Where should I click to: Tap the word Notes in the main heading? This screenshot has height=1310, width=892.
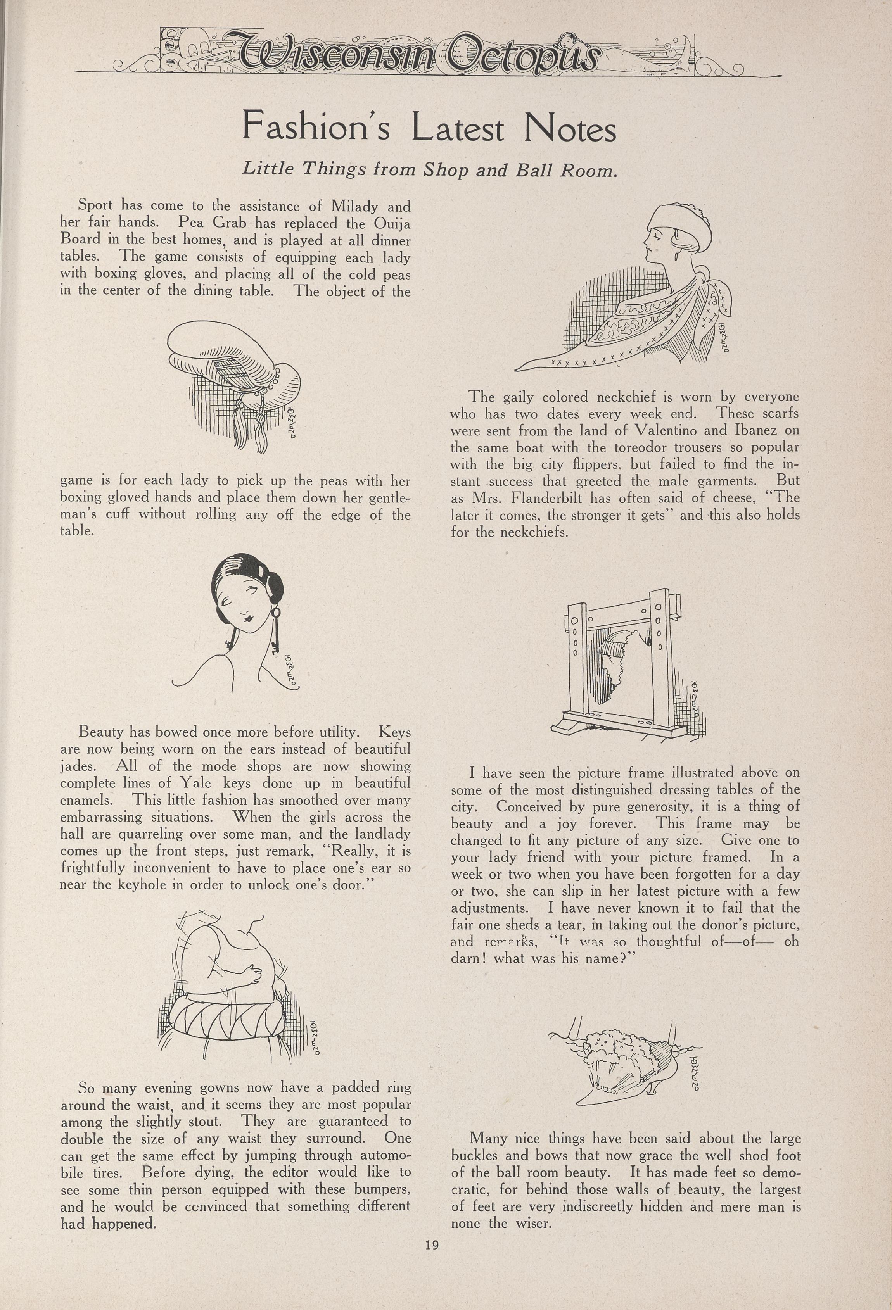(x=569, y=129)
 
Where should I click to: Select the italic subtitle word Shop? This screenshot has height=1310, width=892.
(x=446, y=170)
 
